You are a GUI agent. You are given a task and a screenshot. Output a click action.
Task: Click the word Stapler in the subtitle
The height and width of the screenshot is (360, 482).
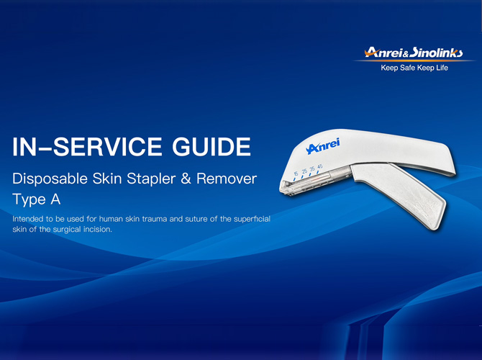(152, 179)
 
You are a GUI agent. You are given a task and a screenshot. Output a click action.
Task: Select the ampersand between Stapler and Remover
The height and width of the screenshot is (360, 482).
(187, 179)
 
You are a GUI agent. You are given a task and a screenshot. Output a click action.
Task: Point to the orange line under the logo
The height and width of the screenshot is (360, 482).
(414, 60)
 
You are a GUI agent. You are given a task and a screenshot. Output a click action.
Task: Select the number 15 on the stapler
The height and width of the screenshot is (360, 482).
(296, 174)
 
